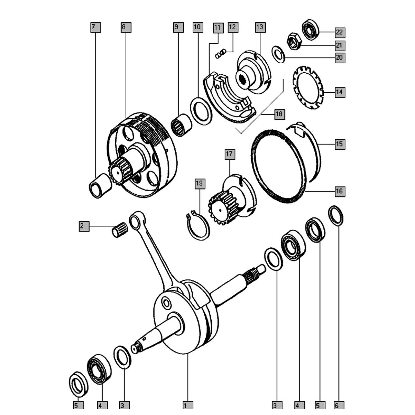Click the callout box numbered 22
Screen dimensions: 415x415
340,33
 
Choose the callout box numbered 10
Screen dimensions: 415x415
197,27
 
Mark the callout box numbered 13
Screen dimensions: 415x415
260,27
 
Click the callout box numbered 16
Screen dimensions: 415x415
340,191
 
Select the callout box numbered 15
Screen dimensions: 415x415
340,144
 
